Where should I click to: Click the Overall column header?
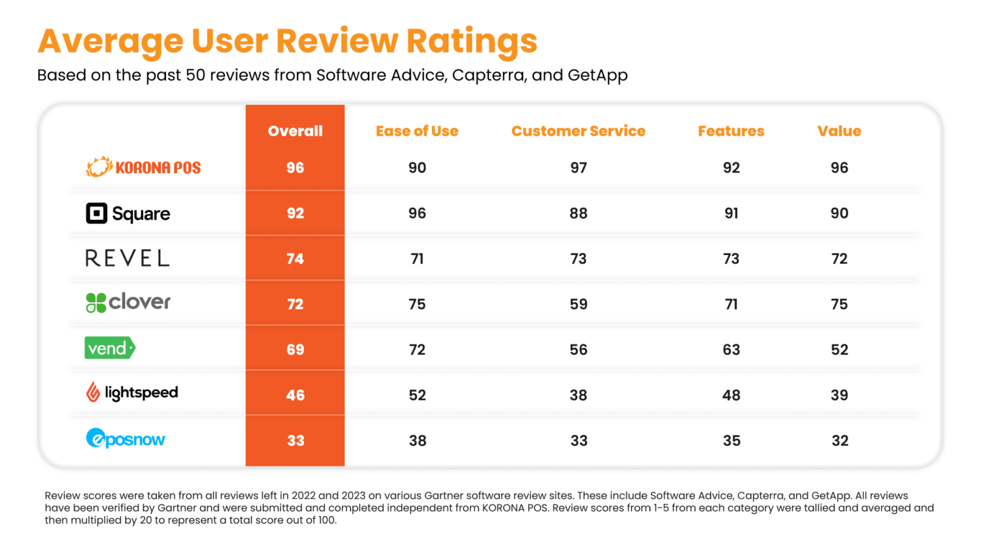tap(295, 131)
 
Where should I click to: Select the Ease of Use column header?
tap(417, 131)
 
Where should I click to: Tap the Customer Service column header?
tap(578, 131)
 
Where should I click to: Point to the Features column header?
tap(731, 131)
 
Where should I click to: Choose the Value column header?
tap(839, 131)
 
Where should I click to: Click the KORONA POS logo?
tap(144, 167)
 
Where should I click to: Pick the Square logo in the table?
tap(128, 213)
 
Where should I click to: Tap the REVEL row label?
tap(128, 258)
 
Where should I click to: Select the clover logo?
tap(128, 302)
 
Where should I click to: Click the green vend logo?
tap(110, 348)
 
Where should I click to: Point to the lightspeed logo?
tap(132, 392)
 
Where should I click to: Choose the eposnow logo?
tap(126, 439)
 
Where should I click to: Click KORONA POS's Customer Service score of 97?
tap(579, 167)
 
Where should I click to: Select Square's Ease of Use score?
tap(417, 213)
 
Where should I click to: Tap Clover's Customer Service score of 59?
tap(579, 304)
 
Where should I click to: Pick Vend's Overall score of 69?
tap(295, 349)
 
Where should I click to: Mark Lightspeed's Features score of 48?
tap(731, 395)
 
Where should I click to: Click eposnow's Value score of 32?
tap(840, 440)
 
